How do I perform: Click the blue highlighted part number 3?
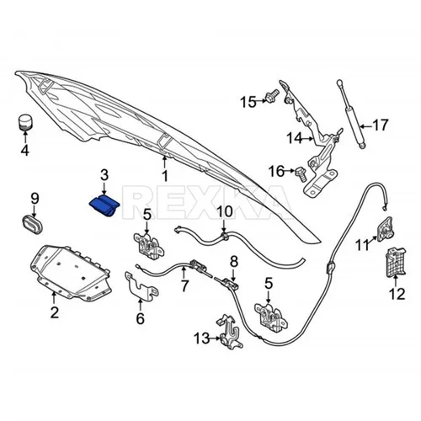click(x=104, y=206)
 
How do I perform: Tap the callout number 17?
click(x=380, y=125)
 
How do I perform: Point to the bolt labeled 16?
click(x=301, y=174)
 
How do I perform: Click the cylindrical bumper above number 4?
click(x=25, y=122)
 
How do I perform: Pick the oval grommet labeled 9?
click(x=32, y=223)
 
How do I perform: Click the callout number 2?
click(x=54, y=312)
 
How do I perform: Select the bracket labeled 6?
click(x=141, y=284)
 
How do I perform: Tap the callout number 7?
click(x=184, y=286)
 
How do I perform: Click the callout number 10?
click(x=224, y=212)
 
